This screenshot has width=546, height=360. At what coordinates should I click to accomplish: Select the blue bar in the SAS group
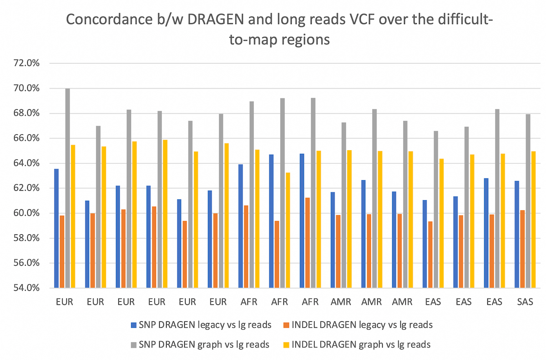coord(516,234)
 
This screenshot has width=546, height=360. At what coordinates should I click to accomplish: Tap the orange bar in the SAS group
coord(522,249)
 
